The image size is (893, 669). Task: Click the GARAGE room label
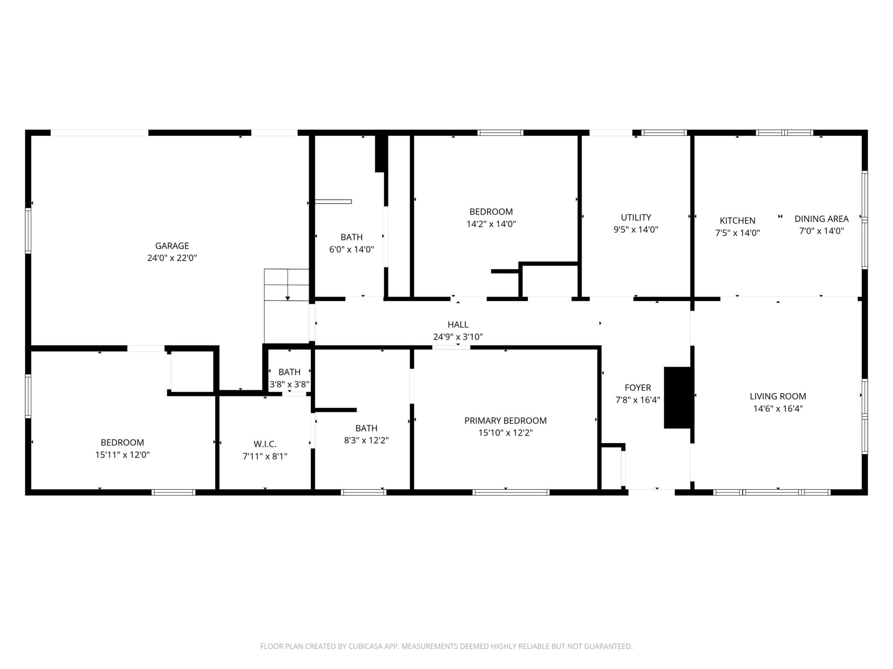[171, 246]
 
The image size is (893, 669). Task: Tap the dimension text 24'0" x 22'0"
[171, 258]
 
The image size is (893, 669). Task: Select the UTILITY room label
[636, 217]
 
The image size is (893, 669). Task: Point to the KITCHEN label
[737, 221]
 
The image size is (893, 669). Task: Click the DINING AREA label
[821, 219]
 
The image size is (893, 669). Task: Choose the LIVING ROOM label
[777, 397]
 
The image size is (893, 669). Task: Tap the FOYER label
[637, 388]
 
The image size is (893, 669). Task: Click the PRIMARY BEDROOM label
[505, 421]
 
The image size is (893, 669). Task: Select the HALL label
[458, 325]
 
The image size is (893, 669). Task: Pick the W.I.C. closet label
[265, 444]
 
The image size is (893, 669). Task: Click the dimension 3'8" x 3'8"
[289, 384]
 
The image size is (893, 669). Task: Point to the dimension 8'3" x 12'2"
[366, 440]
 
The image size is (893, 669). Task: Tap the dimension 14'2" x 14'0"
[491, 224]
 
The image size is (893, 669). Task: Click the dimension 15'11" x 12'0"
[122, 455]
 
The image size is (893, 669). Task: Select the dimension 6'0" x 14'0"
[351, 249]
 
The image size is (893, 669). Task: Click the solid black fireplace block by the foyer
[677, 398]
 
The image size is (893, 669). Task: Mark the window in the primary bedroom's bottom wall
[511, 492]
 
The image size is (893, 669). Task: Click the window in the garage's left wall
[28, 231]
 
